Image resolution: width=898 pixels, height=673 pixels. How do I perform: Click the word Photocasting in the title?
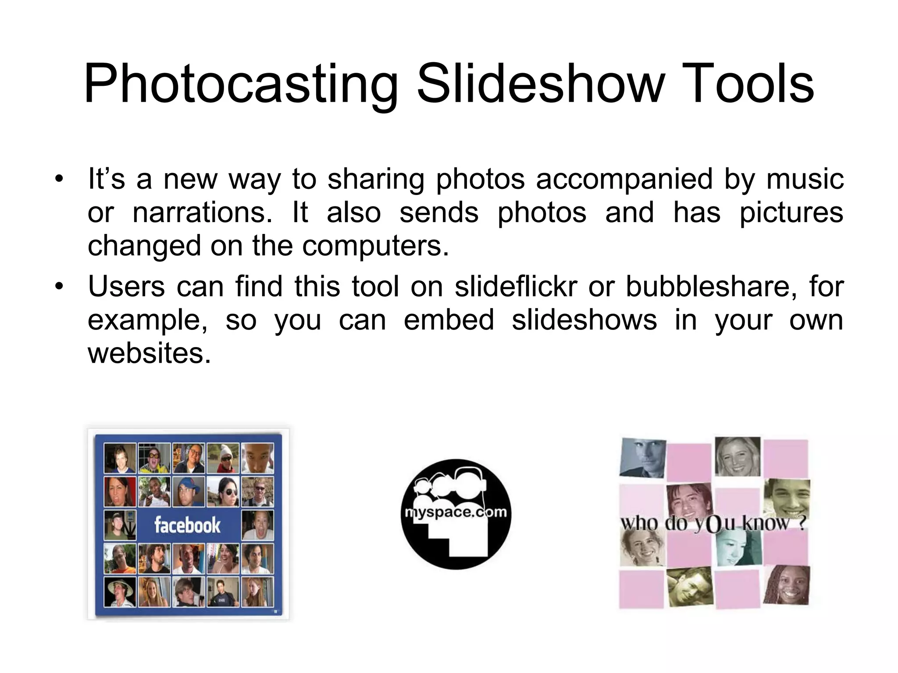(240, 85)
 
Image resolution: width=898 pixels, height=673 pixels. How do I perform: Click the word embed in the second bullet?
(449, 320)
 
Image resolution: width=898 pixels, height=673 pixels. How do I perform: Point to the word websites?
(149, 353)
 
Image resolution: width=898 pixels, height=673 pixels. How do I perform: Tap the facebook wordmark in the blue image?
(187, 525)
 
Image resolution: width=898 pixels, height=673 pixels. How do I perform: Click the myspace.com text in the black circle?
(456, 512)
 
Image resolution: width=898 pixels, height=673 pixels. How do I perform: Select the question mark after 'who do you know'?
(802, 523)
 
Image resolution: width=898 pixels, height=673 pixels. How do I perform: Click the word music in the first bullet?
(805, 180)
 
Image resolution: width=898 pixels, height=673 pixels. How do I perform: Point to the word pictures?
(791, 213)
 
